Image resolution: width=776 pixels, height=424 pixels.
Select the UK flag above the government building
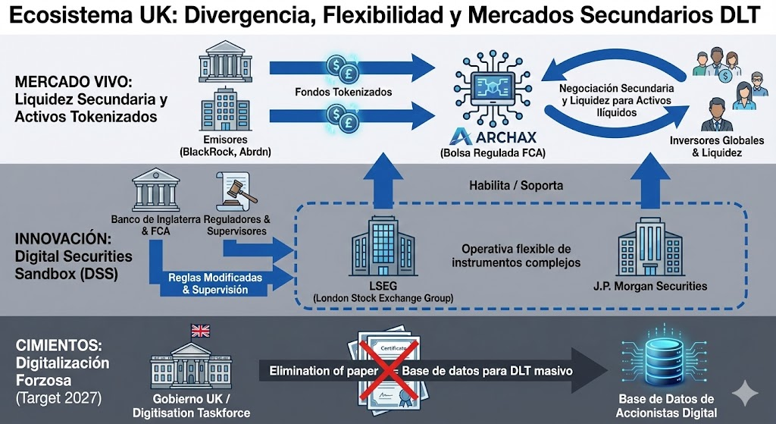click(x=201, y=331)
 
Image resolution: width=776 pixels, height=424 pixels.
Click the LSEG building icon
click(x=383, y=251)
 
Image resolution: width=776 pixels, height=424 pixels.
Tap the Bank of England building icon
click(x=155, y=190)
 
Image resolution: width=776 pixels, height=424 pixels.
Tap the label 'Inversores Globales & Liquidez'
click(x=706, y=146)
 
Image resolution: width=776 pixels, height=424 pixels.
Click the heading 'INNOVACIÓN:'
click(x=58, y=238)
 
